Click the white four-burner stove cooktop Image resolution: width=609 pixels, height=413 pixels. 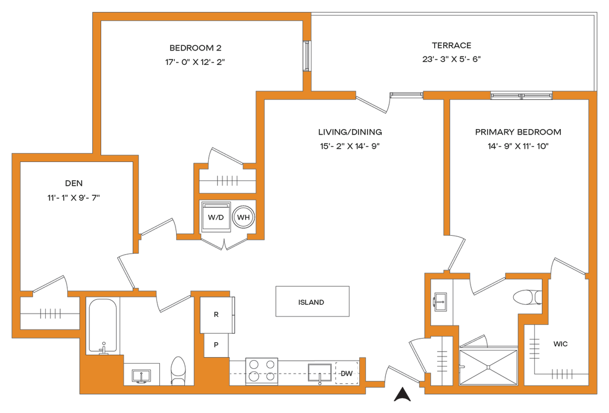point(262,370)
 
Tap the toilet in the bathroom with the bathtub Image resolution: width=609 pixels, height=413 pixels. point(177,369)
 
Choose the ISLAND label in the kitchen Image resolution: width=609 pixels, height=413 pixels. point(312,302)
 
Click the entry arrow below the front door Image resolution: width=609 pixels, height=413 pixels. point(403,392)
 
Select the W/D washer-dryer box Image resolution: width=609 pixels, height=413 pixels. point(215,217)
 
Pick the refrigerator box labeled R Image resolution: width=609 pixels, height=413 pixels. point(215,314)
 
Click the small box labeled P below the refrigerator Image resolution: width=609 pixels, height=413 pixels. point(215,344)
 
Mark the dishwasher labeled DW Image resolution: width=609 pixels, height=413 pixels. point(346,373)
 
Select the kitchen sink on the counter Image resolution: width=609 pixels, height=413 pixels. point(319,373)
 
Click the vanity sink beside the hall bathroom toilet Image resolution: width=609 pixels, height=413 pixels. point(141,374)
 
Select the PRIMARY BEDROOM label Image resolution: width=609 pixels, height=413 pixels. point(518,131)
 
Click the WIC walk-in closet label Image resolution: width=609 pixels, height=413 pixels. point(561,344)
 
